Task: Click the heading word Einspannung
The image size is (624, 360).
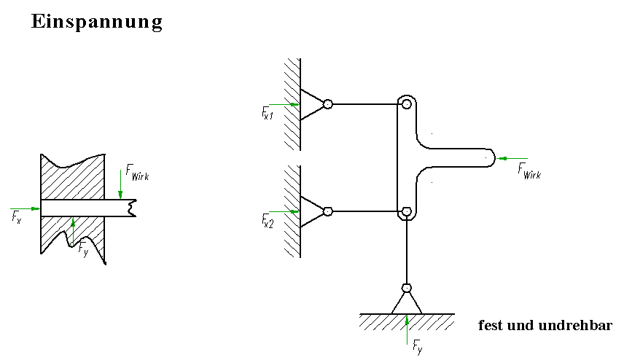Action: (96, 23)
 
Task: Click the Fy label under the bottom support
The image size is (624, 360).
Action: (417, 346)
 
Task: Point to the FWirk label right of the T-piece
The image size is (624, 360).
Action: (529, 171)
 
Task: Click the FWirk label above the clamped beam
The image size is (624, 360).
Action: (137, 172)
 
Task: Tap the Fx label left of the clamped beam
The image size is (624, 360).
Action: (17, 216)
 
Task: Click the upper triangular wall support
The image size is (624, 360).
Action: (312, 104)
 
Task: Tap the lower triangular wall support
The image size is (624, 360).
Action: (312, 212)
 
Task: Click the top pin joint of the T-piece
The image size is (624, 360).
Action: (406, 104)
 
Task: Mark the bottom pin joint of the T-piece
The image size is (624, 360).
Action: (406, 212)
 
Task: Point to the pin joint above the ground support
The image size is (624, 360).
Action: (407, 287)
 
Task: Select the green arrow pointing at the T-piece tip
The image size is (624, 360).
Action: (511, 157)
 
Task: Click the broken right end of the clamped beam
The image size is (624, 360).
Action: (130, 208)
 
